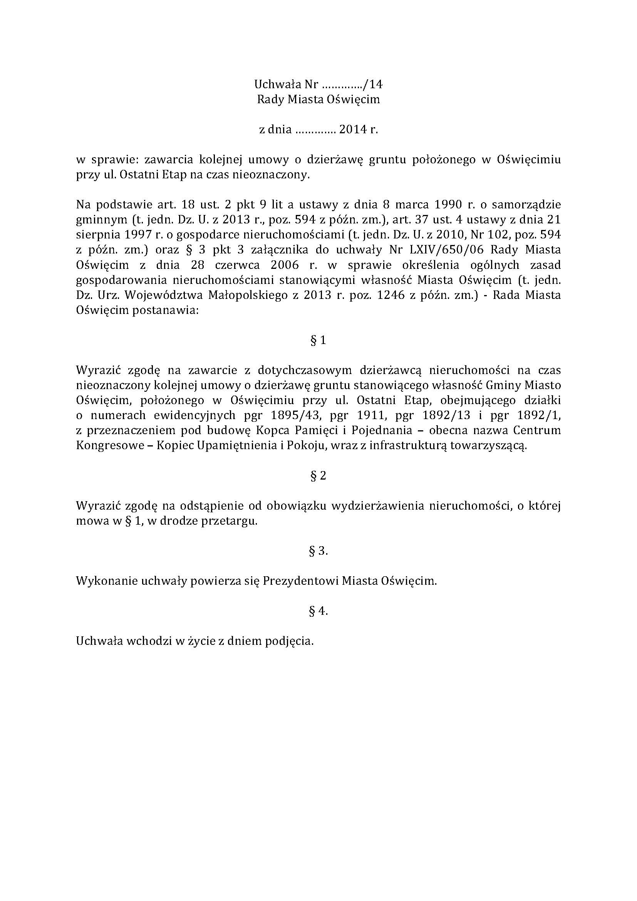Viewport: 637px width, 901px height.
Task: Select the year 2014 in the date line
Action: pos(353,130)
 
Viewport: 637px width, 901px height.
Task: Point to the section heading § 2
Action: pos(318,476)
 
